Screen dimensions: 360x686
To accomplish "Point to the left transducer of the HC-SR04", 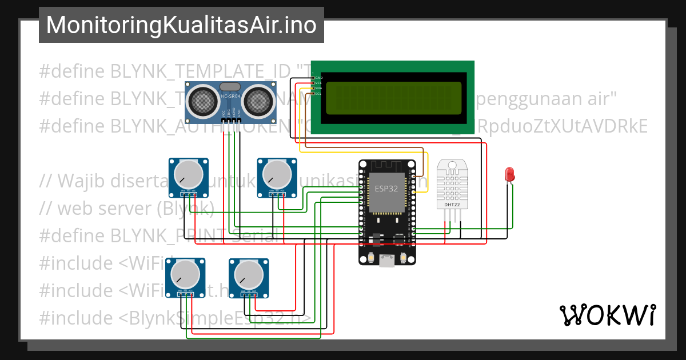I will pyautogui.click(x=201, y=102).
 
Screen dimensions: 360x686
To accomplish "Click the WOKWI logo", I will pyautogui.click(x=607, y=315).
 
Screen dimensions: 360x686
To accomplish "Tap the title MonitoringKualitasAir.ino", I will pyautogui.click(x=181, y=25).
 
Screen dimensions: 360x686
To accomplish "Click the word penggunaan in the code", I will pyautogui.click(x=526, y=98).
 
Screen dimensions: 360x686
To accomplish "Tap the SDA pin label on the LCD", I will pyautogui.click(x=318, y=88).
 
